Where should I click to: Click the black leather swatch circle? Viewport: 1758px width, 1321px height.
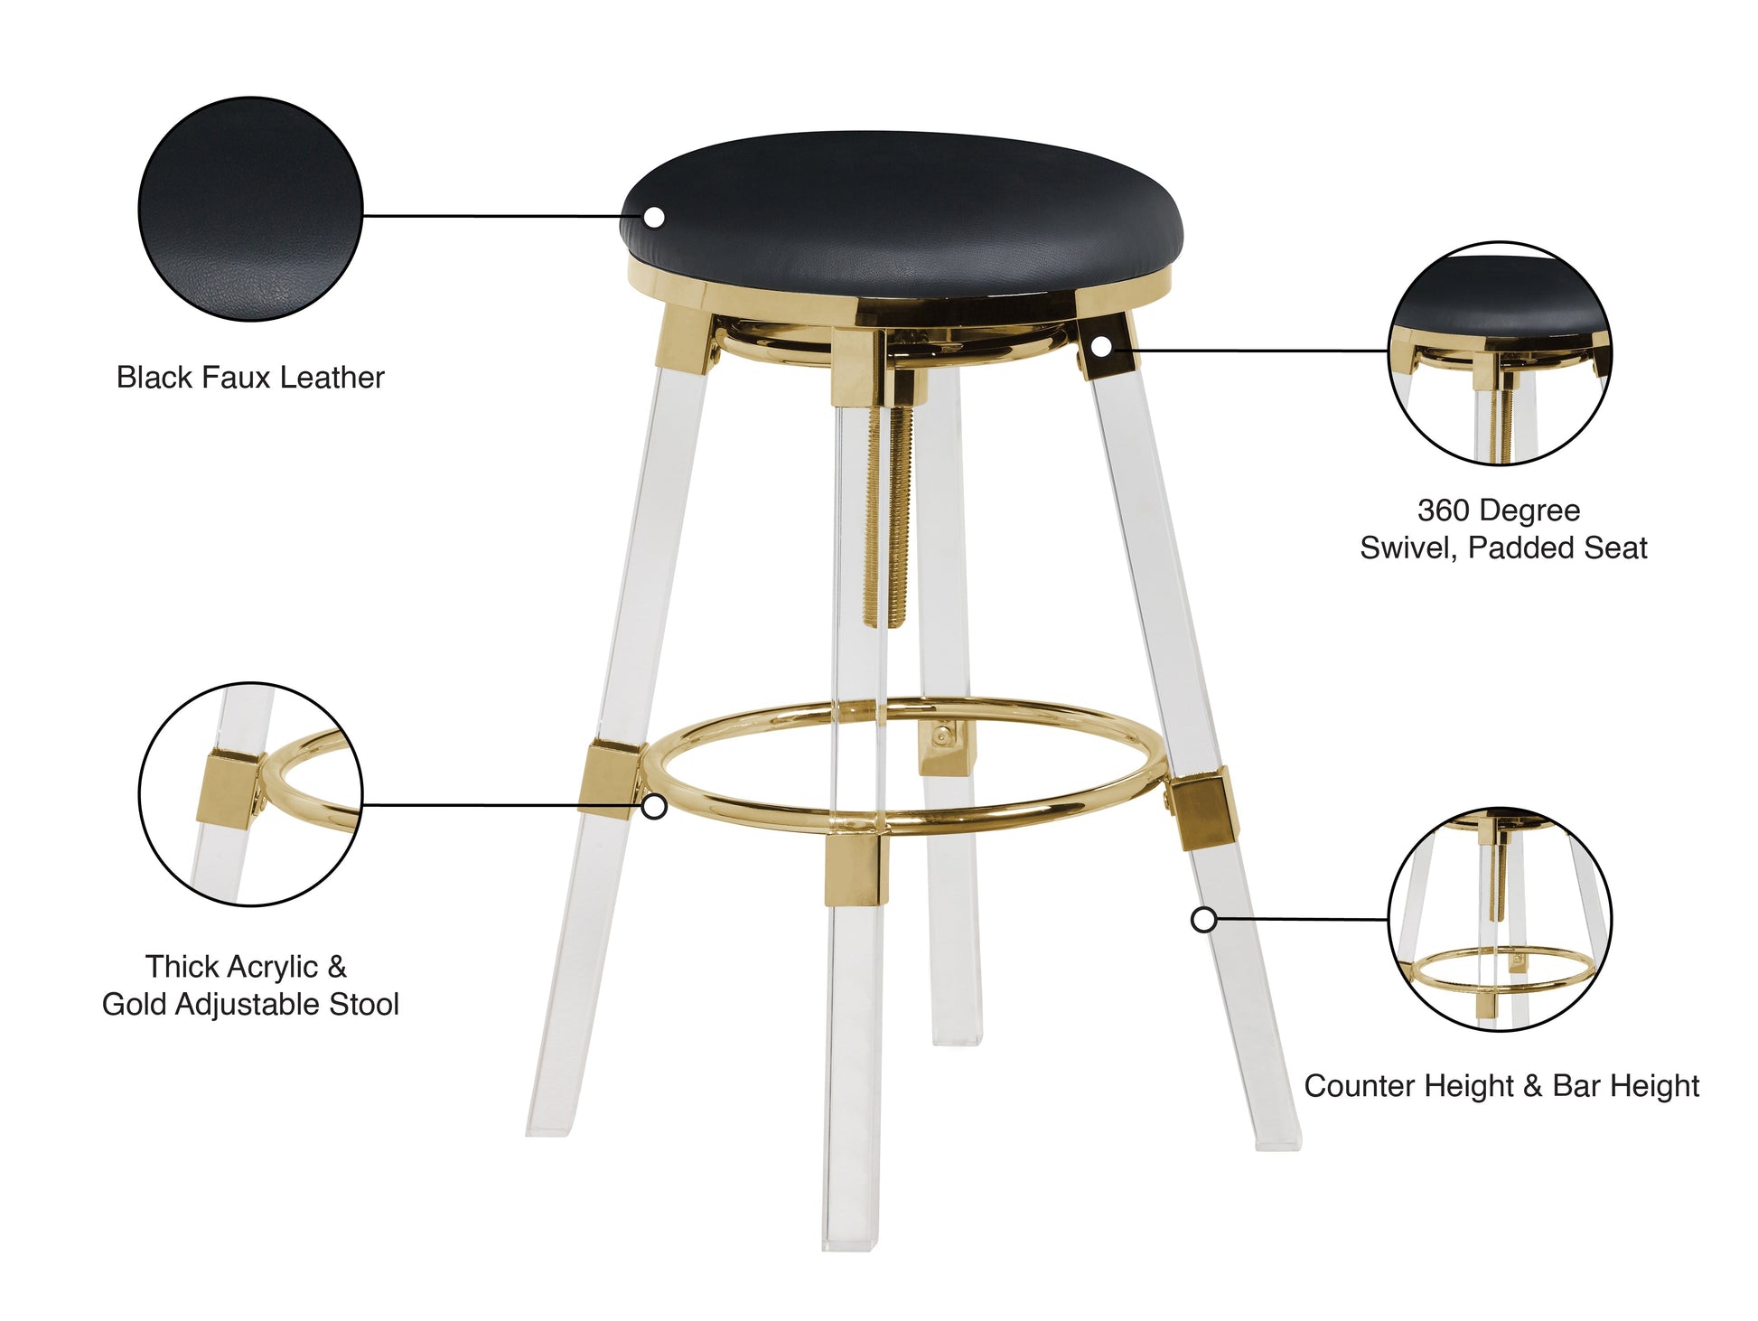(x=250, y=209)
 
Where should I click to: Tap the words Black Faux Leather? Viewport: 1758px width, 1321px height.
(x=250, y=377)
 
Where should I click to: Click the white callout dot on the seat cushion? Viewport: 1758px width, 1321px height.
(x=654, y=217)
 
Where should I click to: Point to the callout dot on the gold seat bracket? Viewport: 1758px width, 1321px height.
(x=1100, y=346)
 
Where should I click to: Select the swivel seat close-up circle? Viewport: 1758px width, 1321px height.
(x=1500, y=353)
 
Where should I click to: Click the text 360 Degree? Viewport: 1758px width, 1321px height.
(x=1499, y=511)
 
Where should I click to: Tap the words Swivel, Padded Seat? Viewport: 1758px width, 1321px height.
(x=1503, y=548)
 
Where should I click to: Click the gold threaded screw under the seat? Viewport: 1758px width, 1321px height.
(x=884, y=515)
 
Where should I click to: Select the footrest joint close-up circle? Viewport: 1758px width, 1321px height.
(x=250, y=794)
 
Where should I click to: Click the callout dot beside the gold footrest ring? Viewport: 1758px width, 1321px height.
(x=654, y=806)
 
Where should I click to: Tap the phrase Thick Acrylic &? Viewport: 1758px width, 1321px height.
(x=246, y=967)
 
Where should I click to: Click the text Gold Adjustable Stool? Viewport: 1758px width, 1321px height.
(x=250, y=1004)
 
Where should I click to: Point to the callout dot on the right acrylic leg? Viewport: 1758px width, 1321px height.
(x=1203, y=920)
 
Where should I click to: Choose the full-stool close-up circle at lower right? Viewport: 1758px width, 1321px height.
(x=1500, y=920)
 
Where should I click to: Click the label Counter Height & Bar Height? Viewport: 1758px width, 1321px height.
(x=1501, y=1085)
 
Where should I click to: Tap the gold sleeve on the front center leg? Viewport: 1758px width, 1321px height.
(x=855, y=868)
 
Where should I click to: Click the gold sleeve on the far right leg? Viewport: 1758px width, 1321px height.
(x=1202, y=807)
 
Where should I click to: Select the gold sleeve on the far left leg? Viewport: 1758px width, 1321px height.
(x=610, y=779)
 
